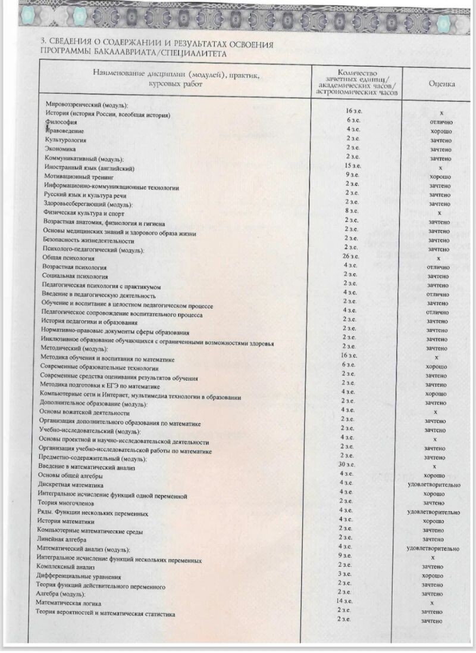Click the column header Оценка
click(442, 84)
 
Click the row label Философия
click(61, 122)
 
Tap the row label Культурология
click(66, 139)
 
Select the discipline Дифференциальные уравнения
click(79, 577)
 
